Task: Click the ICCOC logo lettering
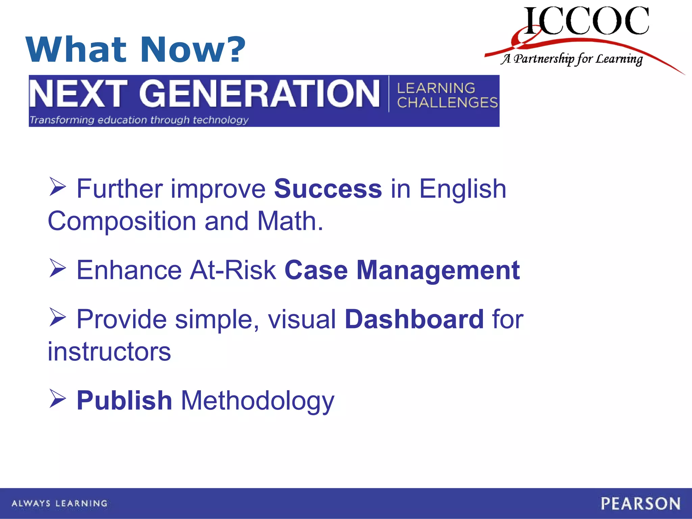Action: click(x=586, y=21)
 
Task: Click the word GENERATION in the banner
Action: click(x=259, y=94)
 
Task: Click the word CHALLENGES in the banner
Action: click(x=447, y=103)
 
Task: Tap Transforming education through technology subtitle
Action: click(x=139, y=120)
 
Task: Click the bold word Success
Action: click(x=328, y=189)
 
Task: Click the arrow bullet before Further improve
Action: click(x=57, y=187)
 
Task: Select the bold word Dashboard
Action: click(x=414, y=319)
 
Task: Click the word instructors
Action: click(x=109, y=351)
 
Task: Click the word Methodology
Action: click(x=257, y=401)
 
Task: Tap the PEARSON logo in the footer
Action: click(x=640, y=503)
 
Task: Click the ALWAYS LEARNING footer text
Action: click(x=59, y=503)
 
